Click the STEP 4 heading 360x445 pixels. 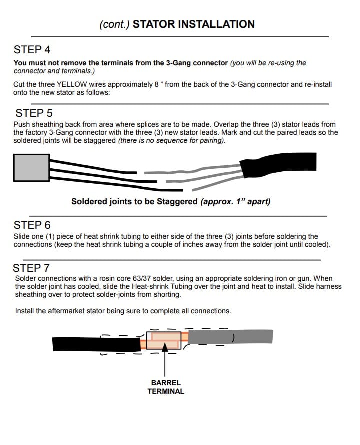(32, 50)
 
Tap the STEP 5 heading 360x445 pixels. (34, 113)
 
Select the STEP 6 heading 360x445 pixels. (32, 225)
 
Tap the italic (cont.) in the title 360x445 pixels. (115, 24)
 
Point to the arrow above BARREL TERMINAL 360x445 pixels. (164, 361)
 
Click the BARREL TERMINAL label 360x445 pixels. (166, 387)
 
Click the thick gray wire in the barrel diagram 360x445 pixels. (230, 338)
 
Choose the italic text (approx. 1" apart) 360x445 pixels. (234, 202)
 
